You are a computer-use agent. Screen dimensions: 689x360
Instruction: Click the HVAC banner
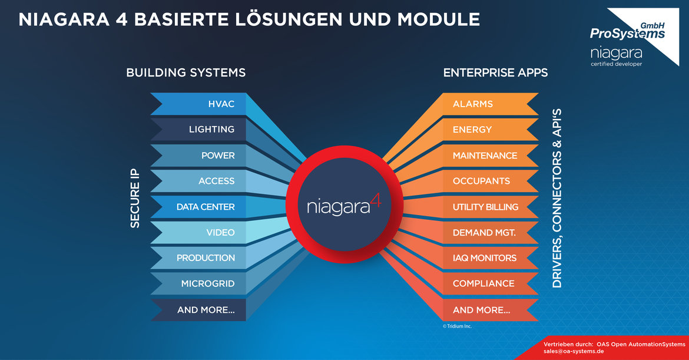[x=198, y=104]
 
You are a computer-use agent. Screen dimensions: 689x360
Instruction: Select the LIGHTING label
[x=211, y=129]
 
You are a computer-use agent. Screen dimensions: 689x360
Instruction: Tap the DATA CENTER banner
[x=198, y=207]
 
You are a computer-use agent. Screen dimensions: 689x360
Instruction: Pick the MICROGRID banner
[x=198, y=283]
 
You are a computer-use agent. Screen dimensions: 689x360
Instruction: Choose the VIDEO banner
[x=198, y=232]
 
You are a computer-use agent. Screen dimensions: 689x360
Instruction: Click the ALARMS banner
[x=491, y=104]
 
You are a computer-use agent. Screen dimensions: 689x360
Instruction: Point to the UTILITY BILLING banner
[x=491, y=207]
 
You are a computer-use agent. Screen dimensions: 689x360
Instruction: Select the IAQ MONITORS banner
[x=491, y=258]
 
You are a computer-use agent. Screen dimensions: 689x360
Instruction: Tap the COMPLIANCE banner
[x=491, y=283]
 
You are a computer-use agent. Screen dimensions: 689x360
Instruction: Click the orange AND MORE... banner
[x=491, y=310]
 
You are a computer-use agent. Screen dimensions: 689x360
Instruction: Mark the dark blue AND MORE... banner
[x=198, y=310]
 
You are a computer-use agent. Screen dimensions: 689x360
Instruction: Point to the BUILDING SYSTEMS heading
[x=186, y=72]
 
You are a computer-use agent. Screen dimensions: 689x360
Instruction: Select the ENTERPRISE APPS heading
[x=495, y=72]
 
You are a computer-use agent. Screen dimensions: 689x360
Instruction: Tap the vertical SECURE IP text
[x=135, y=198]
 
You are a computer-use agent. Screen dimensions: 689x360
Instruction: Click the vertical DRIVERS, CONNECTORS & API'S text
[x=556, y=198]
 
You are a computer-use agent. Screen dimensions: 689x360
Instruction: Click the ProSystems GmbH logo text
[x=628, y=31]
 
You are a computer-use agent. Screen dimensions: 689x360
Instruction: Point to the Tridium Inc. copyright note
[x=457, y=326]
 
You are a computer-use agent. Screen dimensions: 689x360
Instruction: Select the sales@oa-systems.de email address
[x=574, y=351]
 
